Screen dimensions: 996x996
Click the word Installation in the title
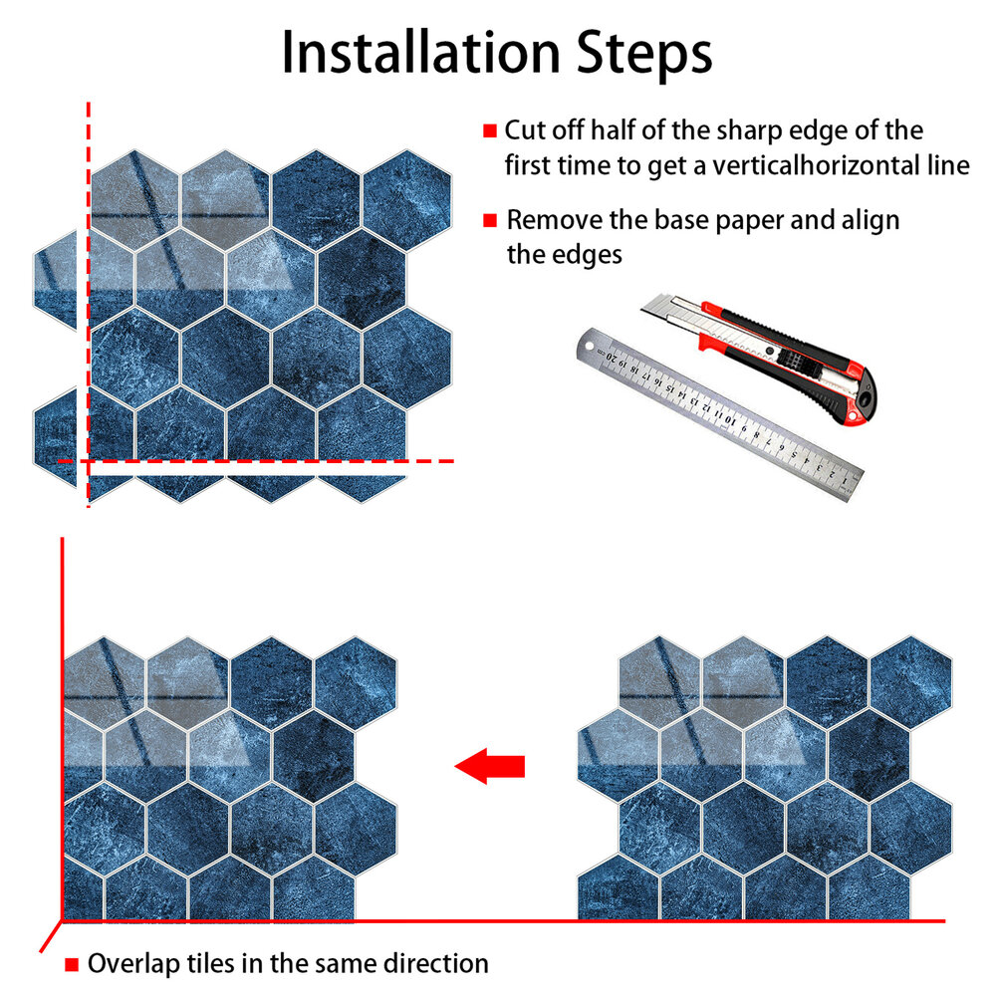[420, 53]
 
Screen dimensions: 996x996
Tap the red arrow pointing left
[490, 766]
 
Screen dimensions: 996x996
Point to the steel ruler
[720, 414]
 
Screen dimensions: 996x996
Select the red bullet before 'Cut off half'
[490, 130]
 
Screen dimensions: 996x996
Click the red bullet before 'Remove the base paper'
[490, 220]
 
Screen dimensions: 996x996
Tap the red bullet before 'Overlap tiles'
[72, 965]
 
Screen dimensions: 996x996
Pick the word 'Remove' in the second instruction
[555, 220]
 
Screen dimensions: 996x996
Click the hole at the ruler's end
[589, 347]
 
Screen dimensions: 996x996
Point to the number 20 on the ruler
[612, 357]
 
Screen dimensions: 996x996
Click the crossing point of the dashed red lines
[89, 461]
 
